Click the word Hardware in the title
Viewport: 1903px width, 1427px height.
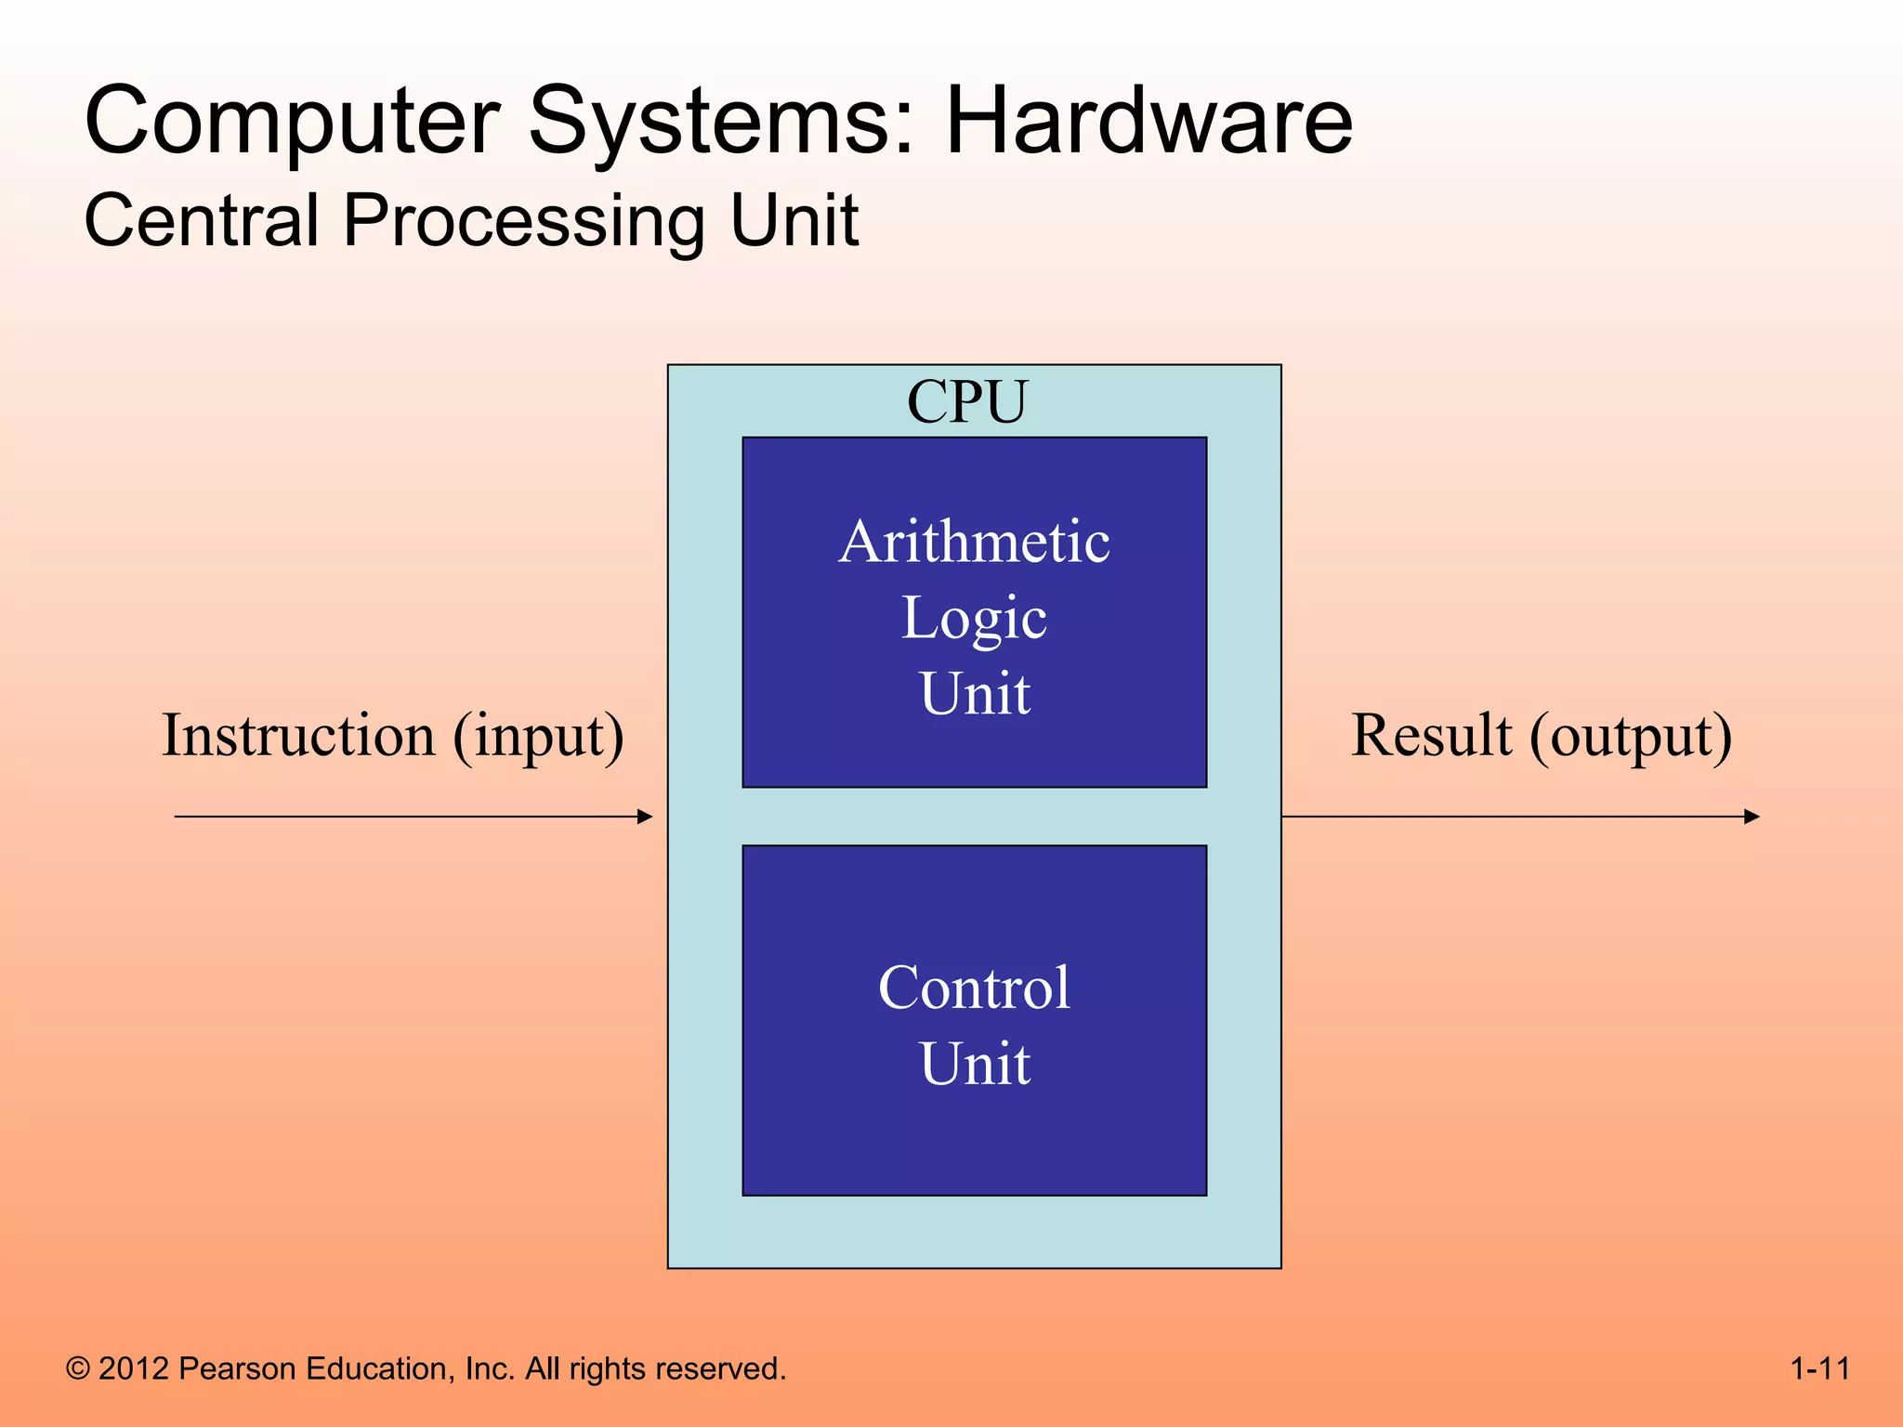click(x=1148, y=121)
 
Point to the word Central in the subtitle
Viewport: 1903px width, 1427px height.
click(x=202, y=221)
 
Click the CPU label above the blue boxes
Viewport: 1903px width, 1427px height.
click(x=967, y=401)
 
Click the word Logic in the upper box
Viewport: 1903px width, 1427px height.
click(x=974, y=619)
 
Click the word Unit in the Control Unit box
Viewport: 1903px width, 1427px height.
click(x=974, y=1063)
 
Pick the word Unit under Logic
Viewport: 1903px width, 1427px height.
click(x=974, y=693)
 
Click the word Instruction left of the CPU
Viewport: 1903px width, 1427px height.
click(x=298, y=736)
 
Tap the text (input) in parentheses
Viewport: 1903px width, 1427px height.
click(x=539, y=738)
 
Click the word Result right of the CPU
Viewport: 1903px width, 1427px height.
click(x=1431, y=736)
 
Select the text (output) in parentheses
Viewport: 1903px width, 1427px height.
click(x=1632, y=738)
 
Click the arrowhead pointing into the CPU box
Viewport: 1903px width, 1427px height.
click(x=646, y=817)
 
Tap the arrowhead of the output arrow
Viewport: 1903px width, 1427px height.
click(x=1752, y=817)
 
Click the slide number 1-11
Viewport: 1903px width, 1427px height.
click(x=1819, y=1368)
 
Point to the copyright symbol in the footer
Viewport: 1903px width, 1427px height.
click(x=78, y=1369)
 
